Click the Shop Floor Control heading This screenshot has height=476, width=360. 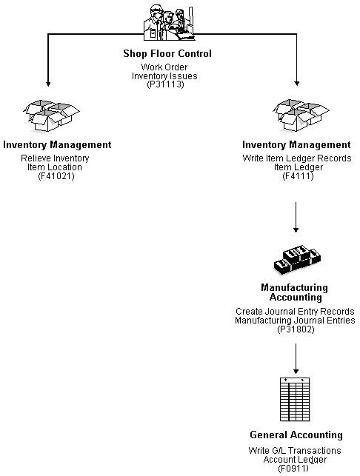(x=177, y=53)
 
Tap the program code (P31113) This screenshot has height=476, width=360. (x=177, y=84)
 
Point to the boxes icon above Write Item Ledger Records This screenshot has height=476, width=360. (x=296, y=118)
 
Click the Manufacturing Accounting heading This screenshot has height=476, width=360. (x=294, y=292)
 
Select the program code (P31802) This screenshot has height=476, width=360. (x=296, y=329)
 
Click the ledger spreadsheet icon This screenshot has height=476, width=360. (x=296, y=400)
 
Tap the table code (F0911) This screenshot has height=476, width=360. (x=296, y=468)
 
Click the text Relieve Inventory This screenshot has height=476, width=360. (x=56, y=158)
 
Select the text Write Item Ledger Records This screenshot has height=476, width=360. (x=296, y=158)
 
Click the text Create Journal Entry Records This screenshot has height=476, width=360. (x=296, y=312)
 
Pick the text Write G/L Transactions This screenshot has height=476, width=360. (x=296, y=451)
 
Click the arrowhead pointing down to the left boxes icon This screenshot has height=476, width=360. (x=47, y=85)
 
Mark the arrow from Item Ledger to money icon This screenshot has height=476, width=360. (x=296, y=218)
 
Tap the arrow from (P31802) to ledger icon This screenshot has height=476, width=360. (x=296, y=358)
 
